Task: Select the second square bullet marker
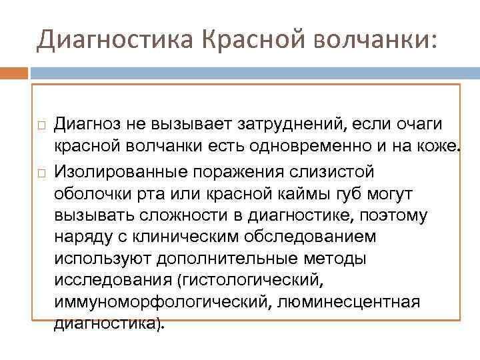click(x=41, y=173)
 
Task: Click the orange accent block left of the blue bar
click(x=14, y=71)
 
